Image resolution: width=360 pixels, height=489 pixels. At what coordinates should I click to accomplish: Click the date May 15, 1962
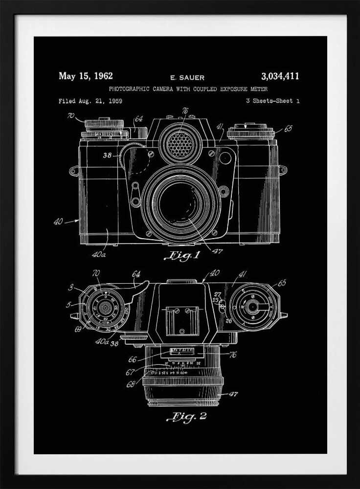pos(86,76)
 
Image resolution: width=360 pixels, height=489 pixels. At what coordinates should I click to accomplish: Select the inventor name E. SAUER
pos(187,77)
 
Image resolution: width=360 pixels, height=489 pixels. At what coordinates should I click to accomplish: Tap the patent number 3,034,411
pos(280,76)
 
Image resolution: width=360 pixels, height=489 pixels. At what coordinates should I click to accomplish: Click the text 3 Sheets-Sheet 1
pos(273,101)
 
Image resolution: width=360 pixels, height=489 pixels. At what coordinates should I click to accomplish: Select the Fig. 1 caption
pos(184,256)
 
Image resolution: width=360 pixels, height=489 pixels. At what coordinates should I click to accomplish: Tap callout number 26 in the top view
pos(228,321)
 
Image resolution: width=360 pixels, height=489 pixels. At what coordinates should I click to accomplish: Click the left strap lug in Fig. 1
pos(74,171)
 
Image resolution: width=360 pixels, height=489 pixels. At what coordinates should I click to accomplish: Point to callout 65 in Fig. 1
pos(288,129)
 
